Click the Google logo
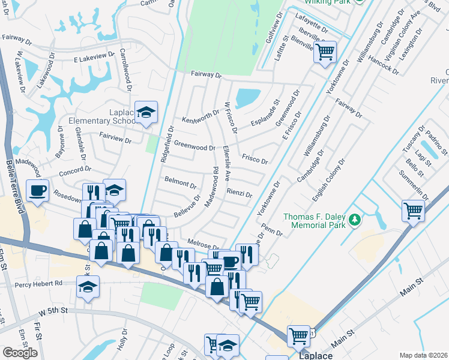coord(20,353)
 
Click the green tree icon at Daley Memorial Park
coord(355,220)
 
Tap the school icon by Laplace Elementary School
coord(145,112)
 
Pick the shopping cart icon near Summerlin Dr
coord(414,211)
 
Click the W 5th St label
coord(53,313)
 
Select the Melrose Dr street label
coord(203,245)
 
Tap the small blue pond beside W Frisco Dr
coord(248,98)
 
